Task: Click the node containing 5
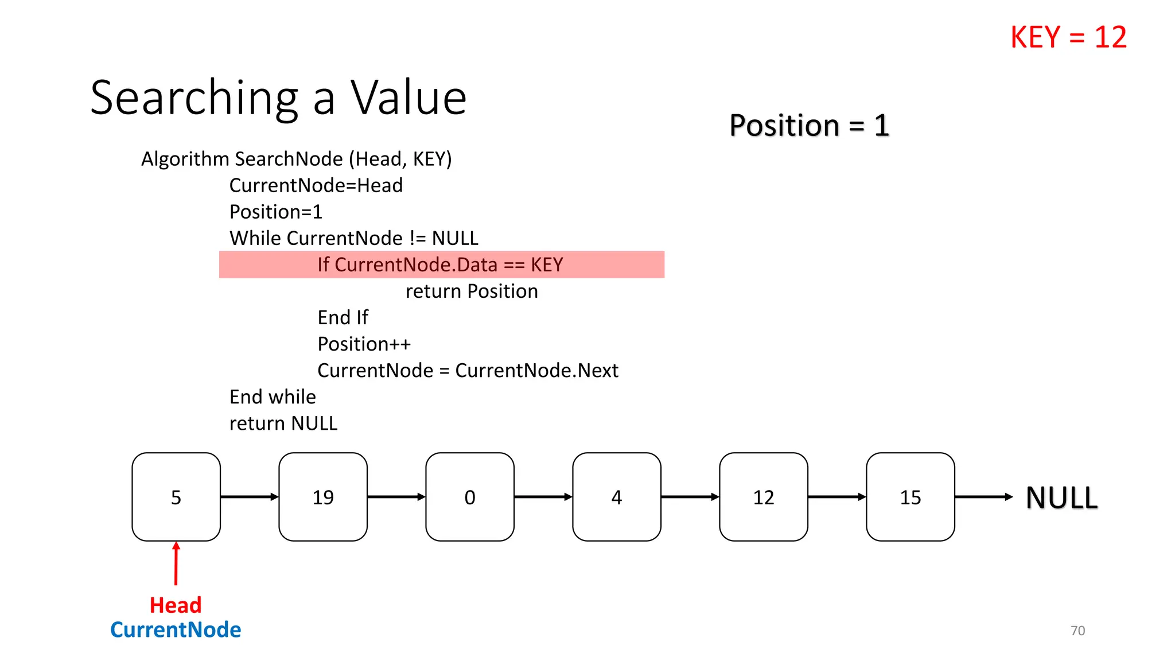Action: [176, 497]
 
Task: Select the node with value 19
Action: [323, 497]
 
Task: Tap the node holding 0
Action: [470, 497]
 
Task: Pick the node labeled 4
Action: [617, 497]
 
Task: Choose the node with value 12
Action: [764, 497]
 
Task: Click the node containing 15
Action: [911, 497]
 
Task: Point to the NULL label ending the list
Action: [1061, 497]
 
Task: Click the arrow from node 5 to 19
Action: [250, 497]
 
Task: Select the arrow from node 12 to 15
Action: [837, 497]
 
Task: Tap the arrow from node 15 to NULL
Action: [983, 497]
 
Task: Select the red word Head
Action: [176, 605]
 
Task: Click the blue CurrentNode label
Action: [176, 630]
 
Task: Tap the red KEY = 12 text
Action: [1068, 37]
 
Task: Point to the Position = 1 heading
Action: [809, 125]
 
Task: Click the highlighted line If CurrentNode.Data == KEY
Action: [441, 265]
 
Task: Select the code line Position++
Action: [364, 344]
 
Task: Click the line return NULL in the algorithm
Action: [283, 423]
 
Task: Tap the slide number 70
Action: [1077, 631]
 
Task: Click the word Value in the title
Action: [408, 98]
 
